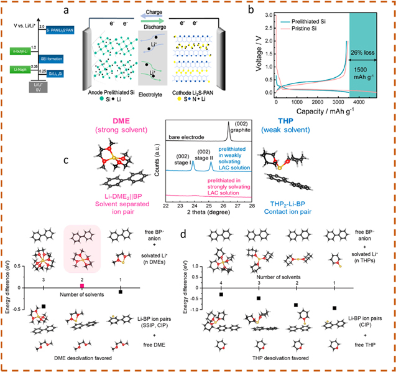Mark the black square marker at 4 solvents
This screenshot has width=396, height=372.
coord(222,294)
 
